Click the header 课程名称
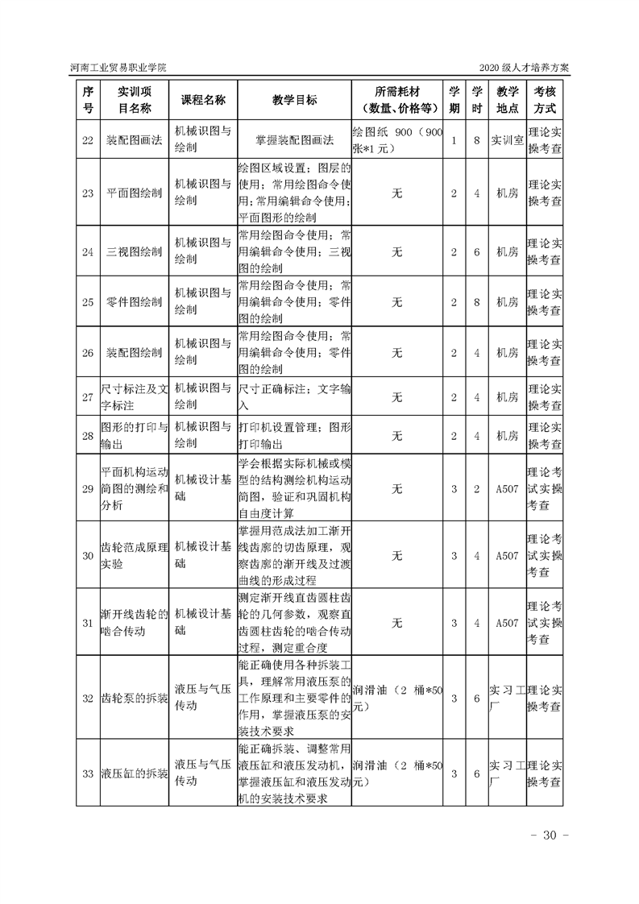tap(202, 99)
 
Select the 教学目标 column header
tap(294, 99)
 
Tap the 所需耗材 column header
tap(397, 99)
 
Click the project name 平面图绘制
tap(134, 193)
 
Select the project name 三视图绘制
tap(134, 252)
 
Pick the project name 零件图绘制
tap(134, 302)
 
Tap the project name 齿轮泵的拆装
tap(134, 698)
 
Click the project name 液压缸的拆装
tap(134, 774)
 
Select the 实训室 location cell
tap(508, 140)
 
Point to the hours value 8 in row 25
tap(477, 302)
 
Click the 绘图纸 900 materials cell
tap(397, 140)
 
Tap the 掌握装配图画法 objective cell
tap(294, 140)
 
